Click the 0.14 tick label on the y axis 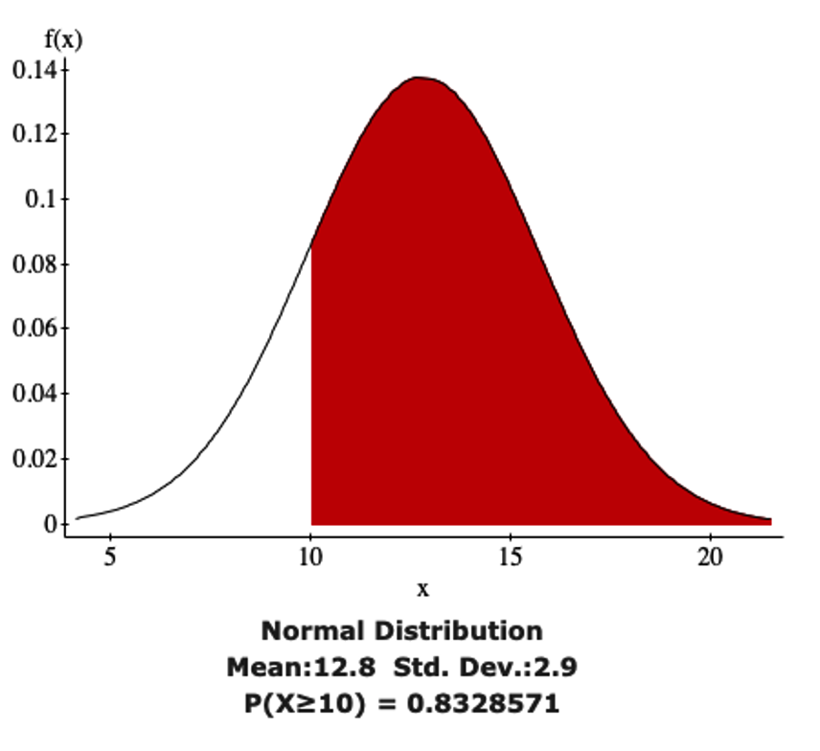point(33,70)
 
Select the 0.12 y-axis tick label point(33,133)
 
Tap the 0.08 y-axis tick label point(33,264)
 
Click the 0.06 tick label point(33,329)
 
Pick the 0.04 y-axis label point(33,394)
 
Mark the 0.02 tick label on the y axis point(33,459)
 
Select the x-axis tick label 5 point(111,558)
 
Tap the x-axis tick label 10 point(310,558)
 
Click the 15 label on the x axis point(510,558)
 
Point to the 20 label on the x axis point(709,558)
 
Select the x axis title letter point(422,589)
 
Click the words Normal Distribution point(401,631)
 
